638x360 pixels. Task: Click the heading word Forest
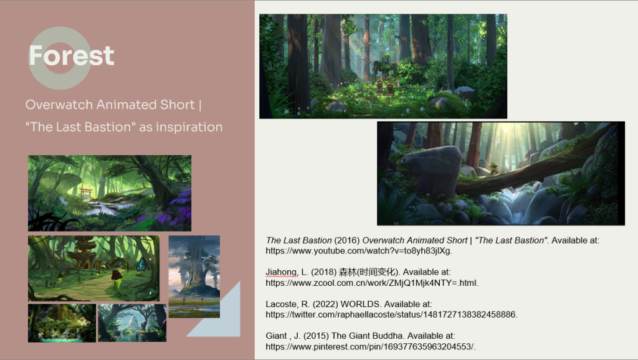(x=72, y=55)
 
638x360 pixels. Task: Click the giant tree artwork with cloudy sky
(x=194, y=277)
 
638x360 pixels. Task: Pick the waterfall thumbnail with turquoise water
(x=62, y=323)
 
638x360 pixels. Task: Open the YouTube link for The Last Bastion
(x=359, y=251)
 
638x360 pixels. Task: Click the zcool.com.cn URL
(x=372, y=283)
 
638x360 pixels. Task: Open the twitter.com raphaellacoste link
(x=391, y=315)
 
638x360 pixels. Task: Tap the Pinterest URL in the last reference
(x=371, y=346)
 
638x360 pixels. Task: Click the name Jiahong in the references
(x=282, y=272)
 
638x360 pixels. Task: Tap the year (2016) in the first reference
(x=347, y=240)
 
